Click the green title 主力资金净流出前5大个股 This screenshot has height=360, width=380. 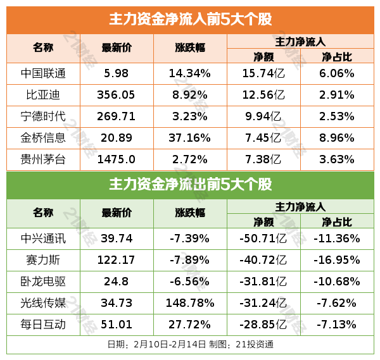pyautogui.click(x=190, y=185)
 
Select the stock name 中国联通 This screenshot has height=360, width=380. pyautogui.click(x=43, y=73)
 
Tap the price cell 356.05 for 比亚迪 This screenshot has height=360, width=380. pyautogui.click(x=117, y=95)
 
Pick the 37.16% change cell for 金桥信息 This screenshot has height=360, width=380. pyautogui.click(x=189, y=137)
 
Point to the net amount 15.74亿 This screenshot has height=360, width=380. pyautogui.click(x=263, y=73)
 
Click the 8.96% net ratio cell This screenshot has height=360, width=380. pyautogui.click(x=337, y=137)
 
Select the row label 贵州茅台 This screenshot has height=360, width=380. pyautogui.click(x=43, y=158)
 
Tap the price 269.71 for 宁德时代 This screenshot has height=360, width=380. pyautogui.click(x=117, y=116)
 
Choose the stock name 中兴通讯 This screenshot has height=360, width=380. pyautogui.click(x=43, y=239)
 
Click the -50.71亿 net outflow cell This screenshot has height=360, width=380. pyautogui.click(x=263, y=239)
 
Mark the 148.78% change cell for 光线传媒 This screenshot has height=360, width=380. pyautogui.click(x=189, y=303)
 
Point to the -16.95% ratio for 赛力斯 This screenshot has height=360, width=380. pyautogui.click(x=337, y=260)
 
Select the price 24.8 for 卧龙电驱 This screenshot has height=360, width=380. pyautogui.click(x=117, y=282)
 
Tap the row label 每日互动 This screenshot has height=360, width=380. pyautogui.click(x=43, y=325)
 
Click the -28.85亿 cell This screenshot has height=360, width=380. pyautogui.click(x=263, y=325)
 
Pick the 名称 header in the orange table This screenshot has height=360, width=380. pyautogui.click(x=43, y=48)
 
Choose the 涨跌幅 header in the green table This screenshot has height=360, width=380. pyautogui.click(x=189, y=213)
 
